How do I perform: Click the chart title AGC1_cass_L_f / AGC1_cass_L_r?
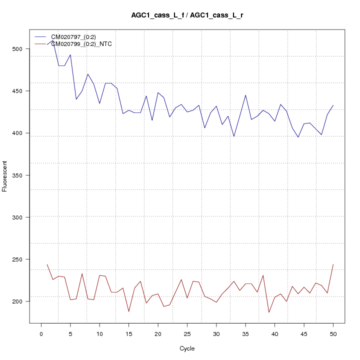click(187, 15)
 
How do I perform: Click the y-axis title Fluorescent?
click(5, 175)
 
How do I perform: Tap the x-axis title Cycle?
click(187, 348)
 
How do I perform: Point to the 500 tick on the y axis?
click(17, 49)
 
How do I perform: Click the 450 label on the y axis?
click(17, 91)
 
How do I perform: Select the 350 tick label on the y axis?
click(17, 175)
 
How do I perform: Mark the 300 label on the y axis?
click(17, 217)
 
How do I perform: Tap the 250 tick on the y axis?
click(17, 259)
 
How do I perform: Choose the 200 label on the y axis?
click(17, 301)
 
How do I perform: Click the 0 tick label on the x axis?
click(41, 333)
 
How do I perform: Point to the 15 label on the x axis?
click(128, 333)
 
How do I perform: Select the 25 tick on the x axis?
click(187, 333)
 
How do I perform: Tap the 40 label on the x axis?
click(274, 333)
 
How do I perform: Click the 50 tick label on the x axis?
click(333, 333)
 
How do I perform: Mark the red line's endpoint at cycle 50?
click(333, 264)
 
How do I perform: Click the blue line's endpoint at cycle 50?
click(333, 105)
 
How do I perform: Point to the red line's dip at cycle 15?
click(128, 312)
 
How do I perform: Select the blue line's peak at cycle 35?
click(245, 95)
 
